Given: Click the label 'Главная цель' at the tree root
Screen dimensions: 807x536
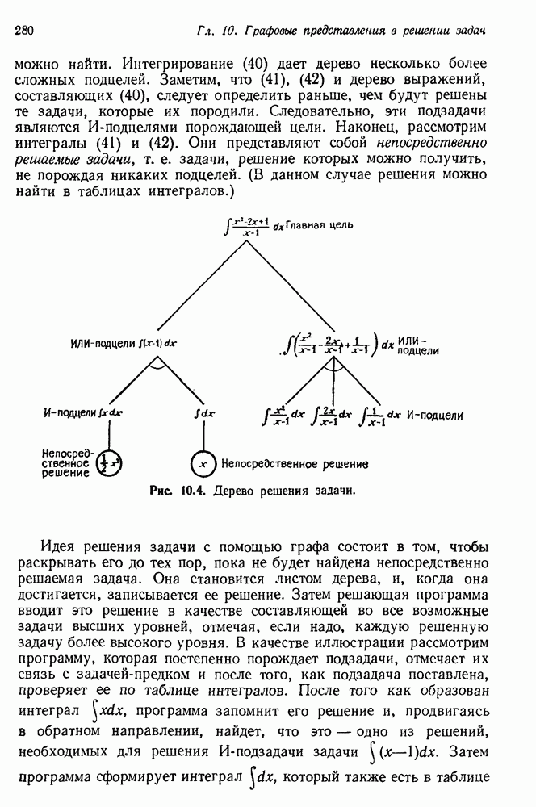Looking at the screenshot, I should [x=319, y=225].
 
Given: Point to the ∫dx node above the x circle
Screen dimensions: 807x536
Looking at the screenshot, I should [x=204, y=414].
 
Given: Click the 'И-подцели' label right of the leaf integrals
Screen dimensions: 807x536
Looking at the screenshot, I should [x=435, y=416].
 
